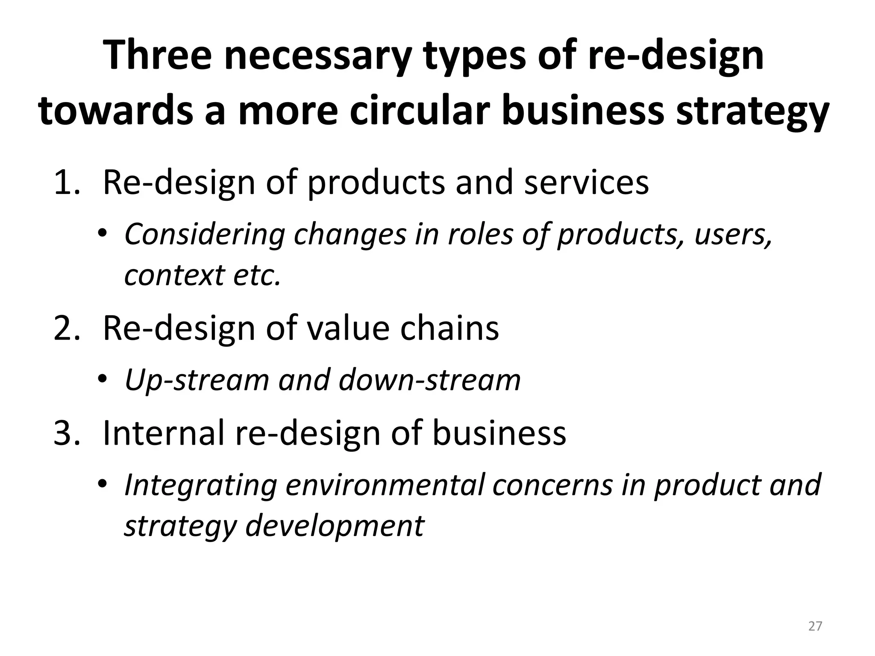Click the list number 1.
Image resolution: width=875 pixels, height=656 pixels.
(x=66, y=182)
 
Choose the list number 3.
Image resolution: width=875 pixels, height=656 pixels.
(x=67, y=433)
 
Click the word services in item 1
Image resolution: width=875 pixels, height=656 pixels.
(x=586, y=182)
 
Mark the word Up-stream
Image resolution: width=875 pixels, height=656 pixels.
(x=197, y=381)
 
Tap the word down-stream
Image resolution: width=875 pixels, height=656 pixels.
(x=430, y=380)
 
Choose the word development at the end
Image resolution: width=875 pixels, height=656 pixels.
(x=335, y=526)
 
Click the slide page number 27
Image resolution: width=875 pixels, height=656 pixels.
(x=815, y=626)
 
